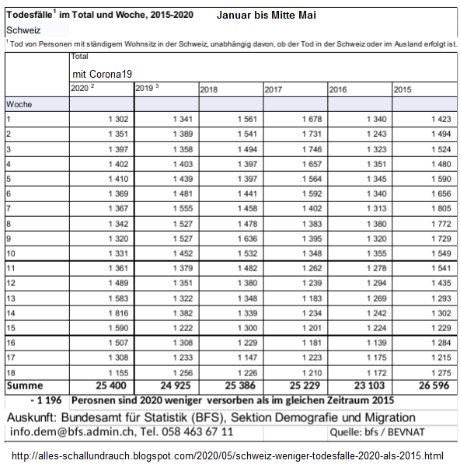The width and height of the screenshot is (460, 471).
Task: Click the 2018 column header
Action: [209, 90]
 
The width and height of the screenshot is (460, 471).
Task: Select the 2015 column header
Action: [402, 90]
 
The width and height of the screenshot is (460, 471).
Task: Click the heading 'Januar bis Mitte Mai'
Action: [267, 15]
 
